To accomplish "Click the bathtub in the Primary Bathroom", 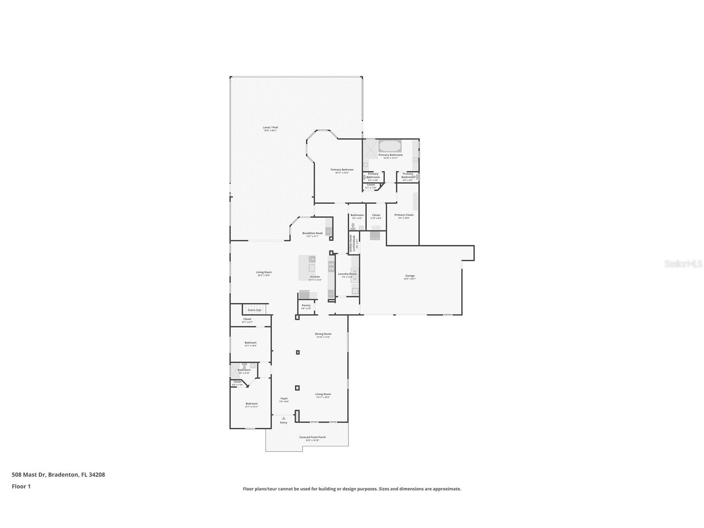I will [390, 146].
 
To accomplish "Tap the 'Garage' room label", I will [410, 276].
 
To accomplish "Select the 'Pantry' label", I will [306, 306].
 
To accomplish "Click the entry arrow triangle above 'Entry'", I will [283, 418].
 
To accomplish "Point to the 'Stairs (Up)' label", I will [254, 310].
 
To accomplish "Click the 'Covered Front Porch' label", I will [312, 437].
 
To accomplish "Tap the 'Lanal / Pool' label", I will [270, 127].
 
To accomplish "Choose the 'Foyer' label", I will [284, 398].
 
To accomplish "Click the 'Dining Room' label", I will [323, 334].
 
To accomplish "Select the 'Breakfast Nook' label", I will [312, 233].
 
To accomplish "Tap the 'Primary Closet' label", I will [404, 215].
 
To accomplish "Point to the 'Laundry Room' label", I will [347, 274].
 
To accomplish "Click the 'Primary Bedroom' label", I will [342, 169].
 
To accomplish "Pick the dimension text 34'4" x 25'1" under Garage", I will [410, 279].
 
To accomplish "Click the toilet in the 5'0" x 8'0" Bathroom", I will [353, 226].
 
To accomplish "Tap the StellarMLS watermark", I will [683, 264].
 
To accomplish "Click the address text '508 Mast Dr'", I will [29, 474].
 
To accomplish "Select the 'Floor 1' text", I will [21, 486].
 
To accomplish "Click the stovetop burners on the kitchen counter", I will [331, 266].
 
